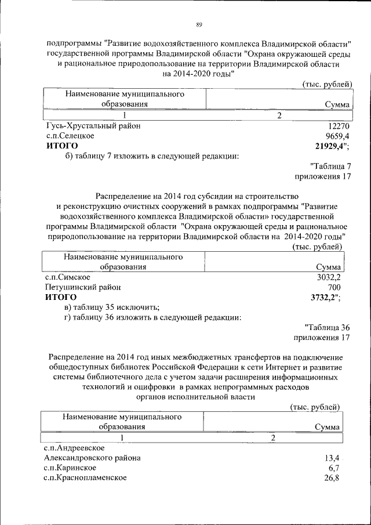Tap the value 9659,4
338,136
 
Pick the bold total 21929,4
328,146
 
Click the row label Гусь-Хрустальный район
93,126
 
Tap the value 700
334,287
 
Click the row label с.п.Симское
68,277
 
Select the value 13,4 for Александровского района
332,458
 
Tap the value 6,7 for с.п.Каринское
334,468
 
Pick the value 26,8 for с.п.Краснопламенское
332,477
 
